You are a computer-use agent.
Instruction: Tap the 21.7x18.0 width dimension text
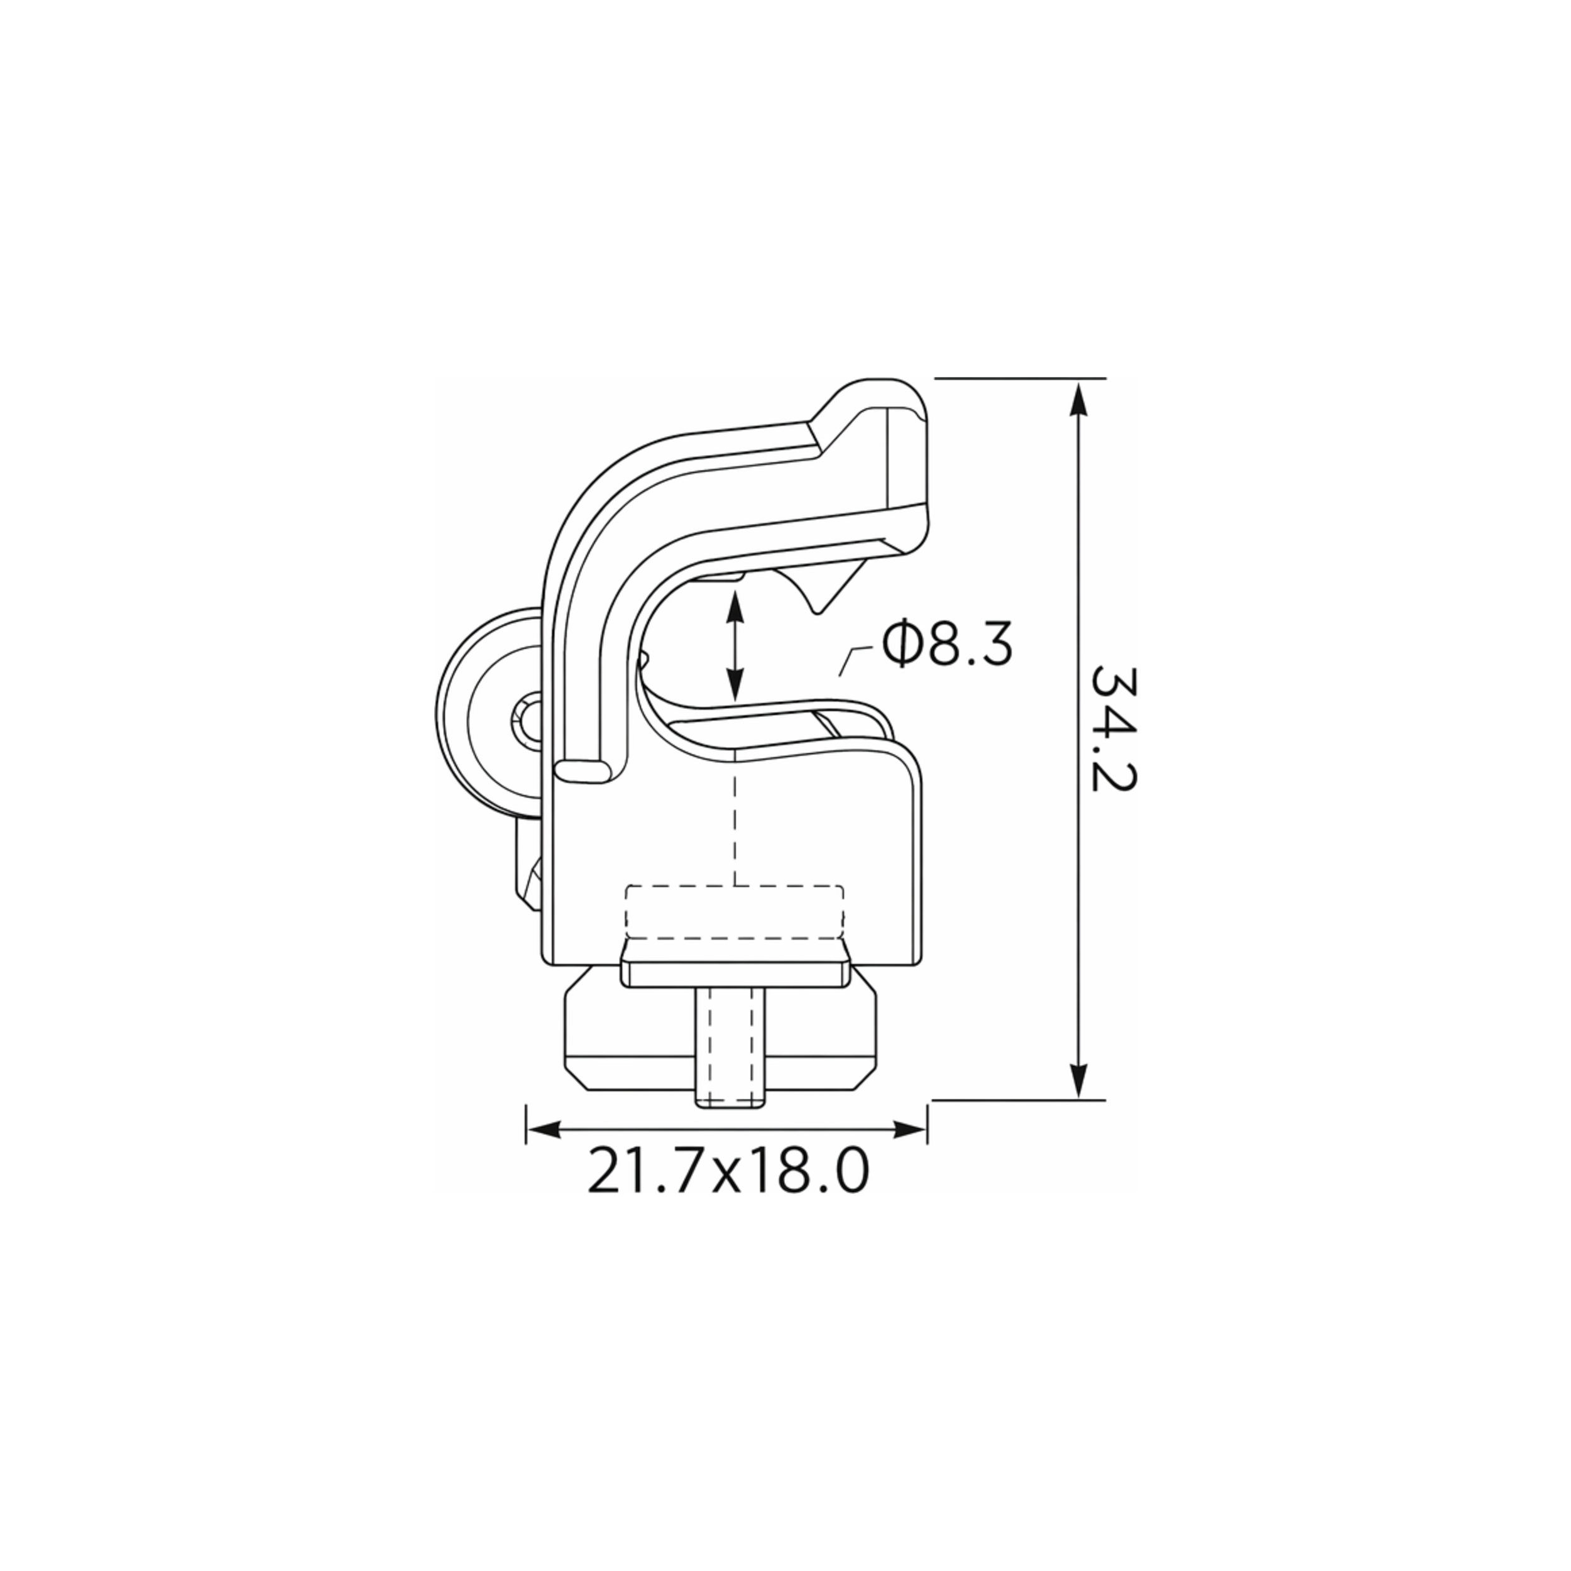point(728,1171)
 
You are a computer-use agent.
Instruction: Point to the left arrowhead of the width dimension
point(545,1129)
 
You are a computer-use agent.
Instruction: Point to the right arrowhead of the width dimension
point(909,1129)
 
